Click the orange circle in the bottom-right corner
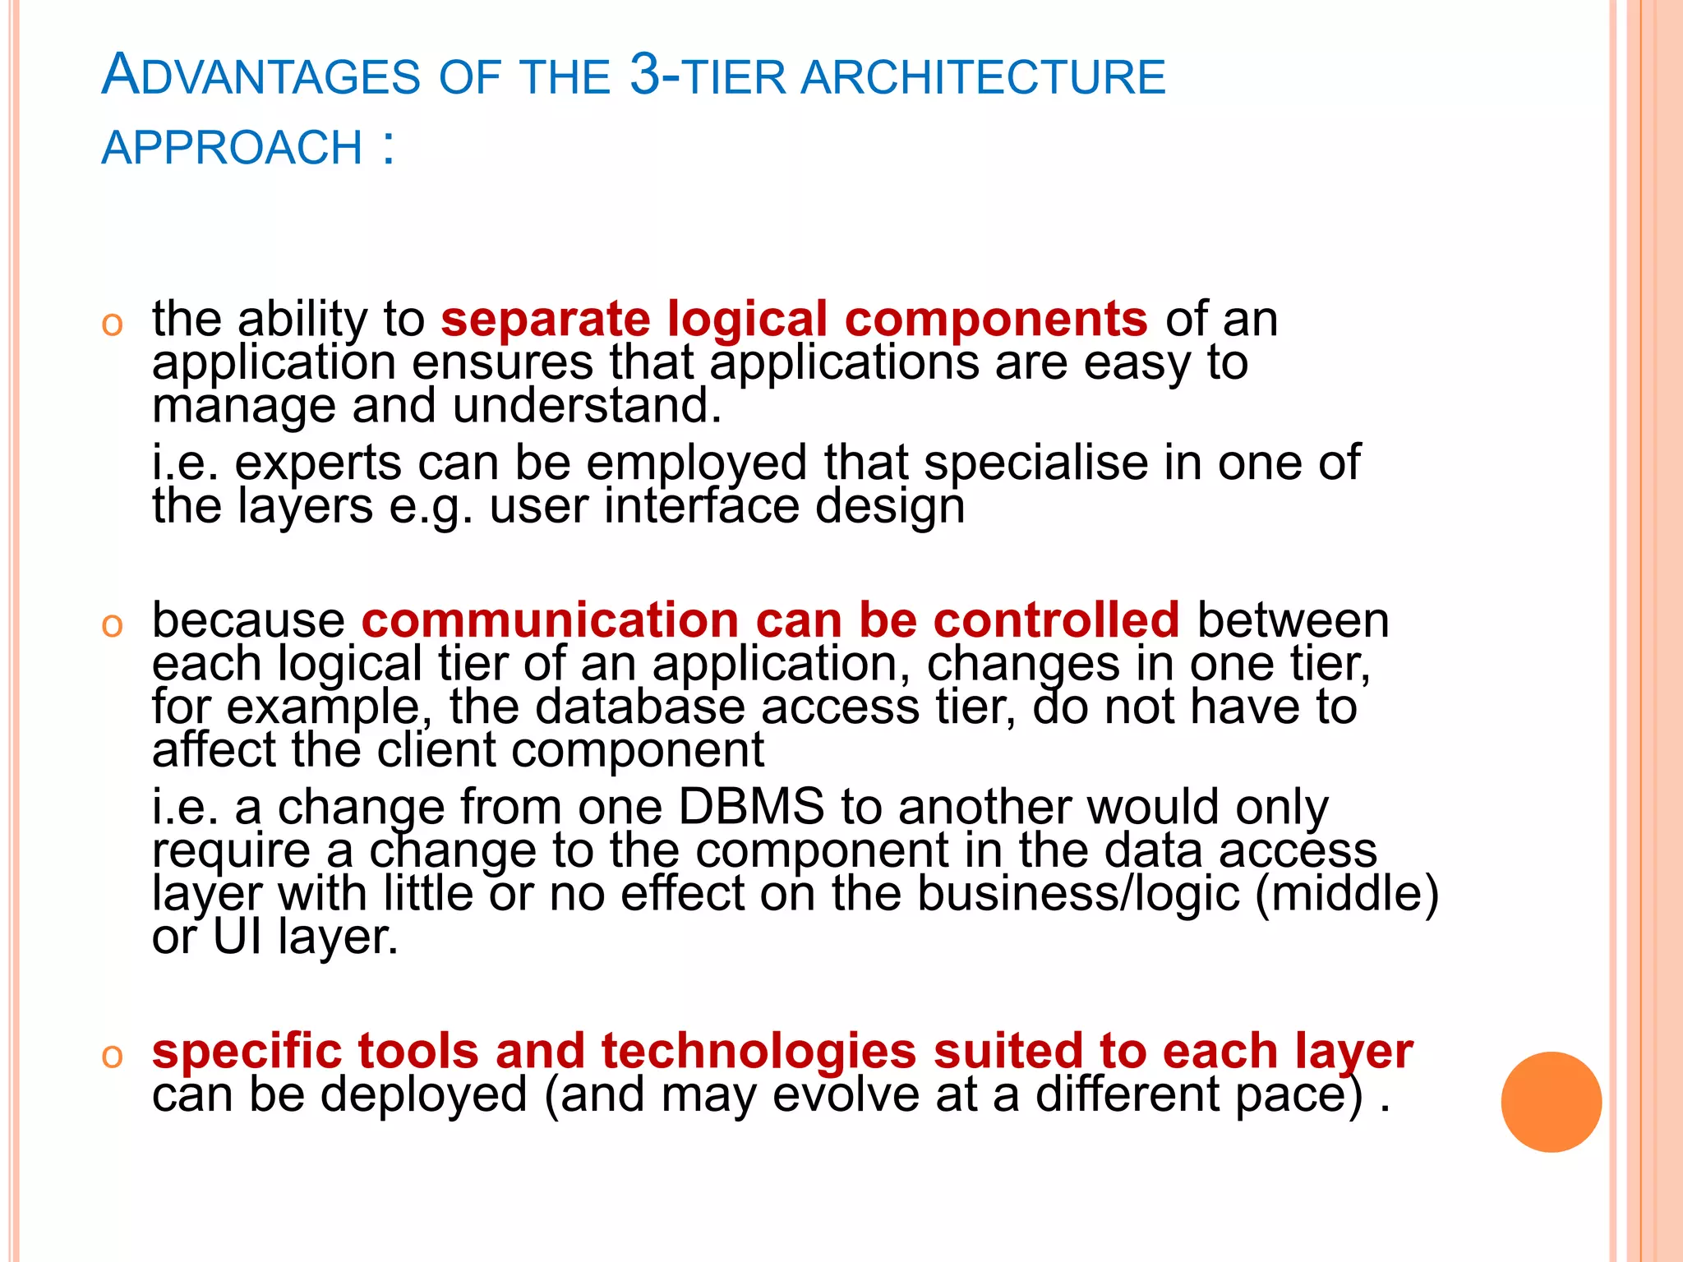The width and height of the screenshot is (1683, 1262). tap(1551, 1102)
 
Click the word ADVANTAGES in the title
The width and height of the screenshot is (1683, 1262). tap(261, 76)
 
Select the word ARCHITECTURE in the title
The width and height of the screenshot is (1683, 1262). tap(983, 78)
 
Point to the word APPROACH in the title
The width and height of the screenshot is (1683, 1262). tap(232, 148)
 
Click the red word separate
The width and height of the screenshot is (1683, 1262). tap(545, 319)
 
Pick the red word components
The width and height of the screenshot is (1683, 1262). tap(996, 320)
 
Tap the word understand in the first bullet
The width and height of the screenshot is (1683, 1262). tap(586, 405)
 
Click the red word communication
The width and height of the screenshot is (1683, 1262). tap(550, 619)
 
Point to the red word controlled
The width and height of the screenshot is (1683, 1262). tap(1056, 619)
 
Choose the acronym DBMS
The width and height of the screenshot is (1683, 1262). tap(750, 807)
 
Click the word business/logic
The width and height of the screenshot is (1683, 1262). tap(1077, 893)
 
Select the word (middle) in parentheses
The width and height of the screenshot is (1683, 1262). tap(1347, 893)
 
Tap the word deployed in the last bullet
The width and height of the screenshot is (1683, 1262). tap(423, 1094)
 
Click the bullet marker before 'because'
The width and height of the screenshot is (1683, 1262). tap(112, 625)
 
